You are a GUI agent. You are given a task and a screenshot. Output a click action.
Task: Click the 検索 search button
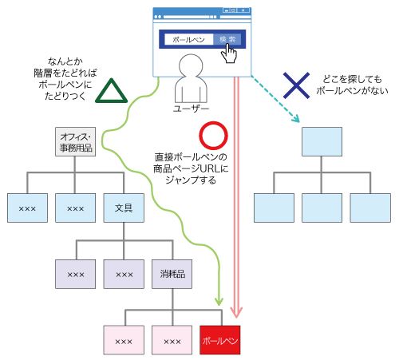click(227, 39)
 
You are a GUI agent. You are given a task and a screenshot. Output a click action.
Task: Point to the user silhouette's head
click(192, 67)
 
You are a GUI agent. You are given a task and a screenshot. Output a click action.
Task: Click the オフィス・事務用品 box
click(76, 141)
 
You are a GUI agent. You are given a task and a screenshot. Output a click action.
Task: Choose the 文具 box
click(124, 208)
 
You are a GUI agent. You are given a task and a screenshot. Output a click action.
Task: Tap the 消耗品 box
click(172, 274)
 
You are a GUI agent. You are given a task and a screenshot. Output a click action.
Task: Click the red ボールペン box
click(219, 341)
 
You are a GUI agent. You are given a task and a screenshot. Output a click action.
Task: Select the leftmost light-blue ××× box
click(28, 208)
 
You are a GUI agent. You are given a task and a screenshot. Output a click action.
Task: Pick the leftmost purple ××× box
click(76, 274)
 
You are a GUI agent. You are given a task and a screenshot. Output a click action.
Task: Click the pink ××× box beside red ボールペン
click(172, 341)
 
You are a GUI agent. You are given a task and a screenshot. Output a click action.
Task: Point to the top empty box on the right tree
click(322, 141)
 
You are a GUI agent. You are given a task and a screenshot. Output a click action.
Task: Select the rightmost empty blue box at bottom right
click(370, 208)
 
